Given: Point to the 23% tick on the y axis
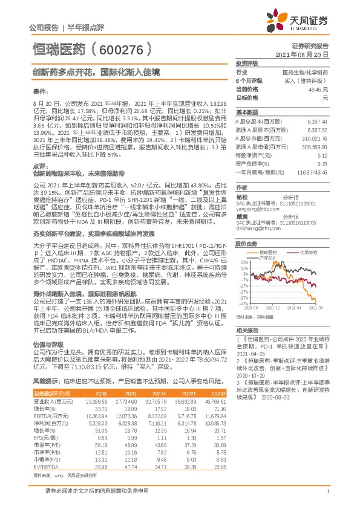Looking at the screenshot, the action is (243, 261).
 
